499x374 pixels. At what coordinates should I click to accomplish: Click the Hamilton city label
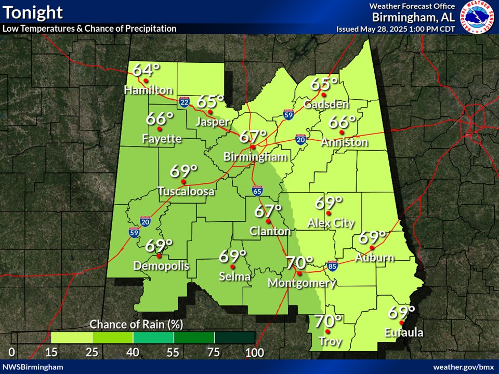tap(148, 90)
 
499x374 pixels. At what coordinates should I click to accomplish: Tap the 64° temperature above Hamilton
tap(146, 70)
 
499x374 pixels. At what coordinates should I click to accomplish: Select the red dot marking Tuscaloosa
tap(183, 181)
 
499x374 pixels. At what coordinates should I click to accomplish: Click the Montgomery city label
tap(301, 283)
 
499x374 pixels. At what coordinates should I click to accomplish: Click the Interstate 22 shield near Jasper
tap(184, 101)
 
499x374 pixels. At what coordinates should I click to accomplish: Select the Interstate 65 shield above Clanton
tap(257, 191)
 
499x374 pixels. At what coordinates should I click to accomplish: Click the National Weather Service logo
tap(476, 18)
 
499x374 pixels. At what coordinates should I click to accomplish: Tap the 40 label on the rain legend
tap(133, 353)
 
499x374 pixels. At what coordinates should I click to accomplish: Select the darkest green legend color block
tap(234, 338)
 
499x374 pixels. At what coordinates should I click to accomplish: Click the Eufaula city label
tap(404, 333)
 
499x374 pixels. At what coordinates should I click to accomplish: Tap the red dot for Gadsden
tap(323, 95)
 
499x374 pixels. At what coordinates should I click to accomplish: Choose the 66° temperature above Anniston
tap(342, 123)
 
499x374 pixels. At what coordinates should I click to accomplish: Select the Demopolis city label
tap(161, 266)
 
